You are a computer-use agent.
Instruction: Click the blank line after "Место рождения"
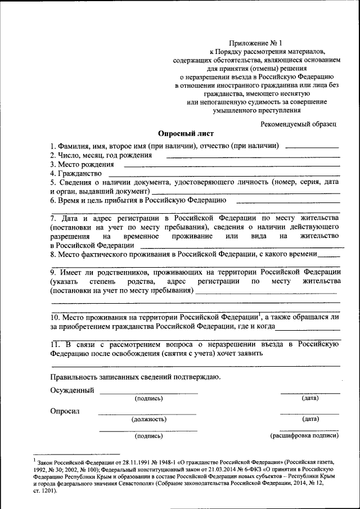231,166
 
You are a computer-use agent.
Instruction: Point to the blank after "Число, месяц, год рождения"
253,157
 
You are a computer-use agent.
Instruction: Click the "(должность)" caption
148,419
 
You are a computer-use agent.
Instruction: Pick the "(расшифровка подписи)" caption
304,436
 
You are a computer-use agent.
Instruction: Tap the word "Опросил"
65,411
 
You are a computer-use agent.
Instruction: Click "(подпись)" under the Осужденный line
148,399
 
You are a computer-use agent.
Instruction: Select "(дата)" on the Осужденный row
310,399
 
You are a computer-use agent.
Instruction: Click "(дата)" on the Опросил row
310,419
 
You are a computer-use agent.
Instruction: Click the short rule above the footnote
76,453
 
